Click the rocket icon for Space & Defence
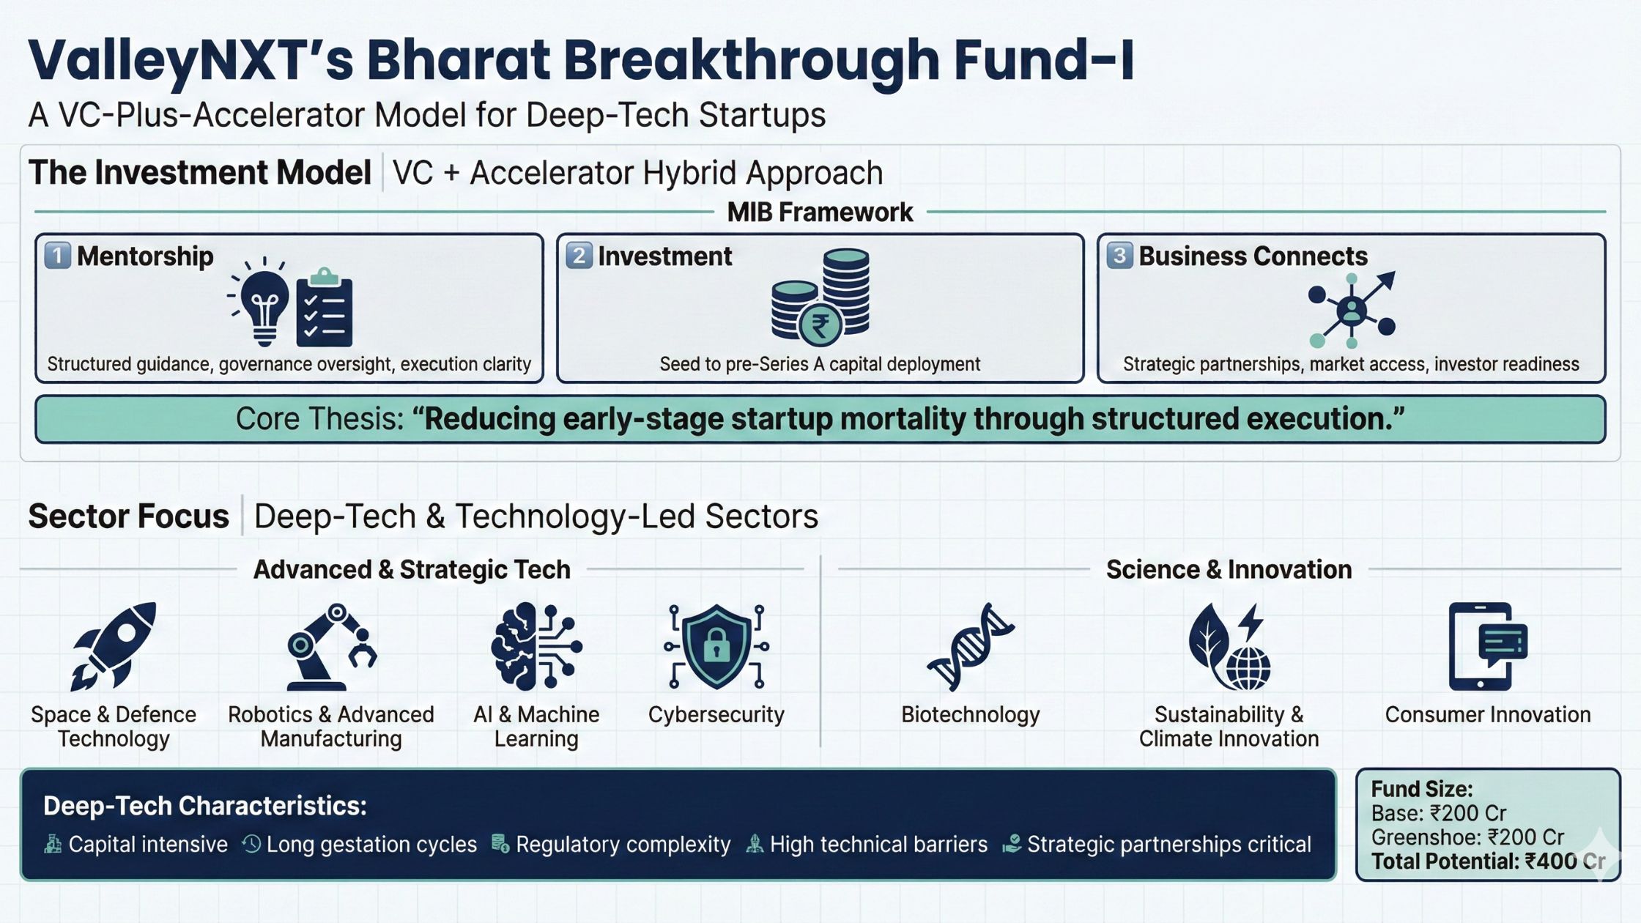114,646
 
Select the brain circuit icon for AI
536,646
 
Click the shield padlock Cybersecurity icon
716,646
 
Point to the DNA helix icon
971,647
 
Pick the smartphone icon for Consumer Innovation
1487,646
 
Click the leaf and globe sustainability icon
1229,646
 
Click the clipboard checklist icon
325,308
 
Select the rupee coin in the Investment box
820,325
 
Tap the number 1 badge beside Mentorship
58,256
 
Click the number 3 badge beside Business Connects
1119,256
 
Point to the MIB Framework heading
820,212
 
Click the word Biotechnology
971,714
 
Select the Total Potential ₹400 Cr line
1488,861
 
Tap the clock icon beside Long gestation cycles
251,844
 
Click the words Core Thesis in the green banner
319,419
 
